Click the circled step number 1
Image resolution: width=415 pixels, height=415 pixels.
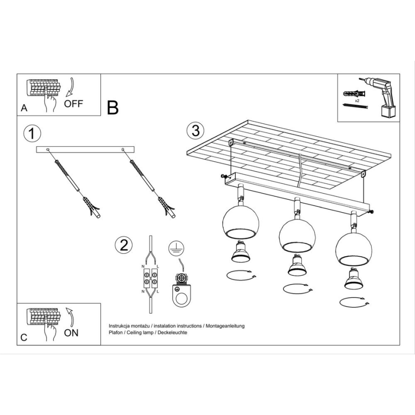click(x=31, y=133)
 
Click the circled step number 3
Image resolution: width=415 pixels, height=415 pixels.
click(x=195, y=130)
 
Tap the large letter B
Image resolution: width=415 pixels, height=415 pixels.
click(x=112, y=108)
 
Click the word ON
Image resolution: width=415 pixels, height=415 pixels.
click(x=71, y=333)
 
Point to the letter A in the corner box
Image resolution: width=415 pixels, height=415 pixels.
click(x=24, y=109)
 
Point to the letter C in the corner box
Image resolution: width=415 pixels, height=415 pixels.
click(x=24, y=338)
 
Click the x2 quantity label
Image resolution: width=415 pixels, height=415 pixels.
click(x=357, y=101)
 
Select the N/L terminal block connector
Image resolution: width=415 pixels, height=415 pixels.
click(x=151, y=277)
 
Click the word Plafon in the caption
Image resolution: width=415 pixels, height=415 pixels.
click(x=116, y=332)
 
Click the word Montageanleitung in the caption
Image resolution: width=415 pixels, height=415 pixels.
click(x=225, y=326)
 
